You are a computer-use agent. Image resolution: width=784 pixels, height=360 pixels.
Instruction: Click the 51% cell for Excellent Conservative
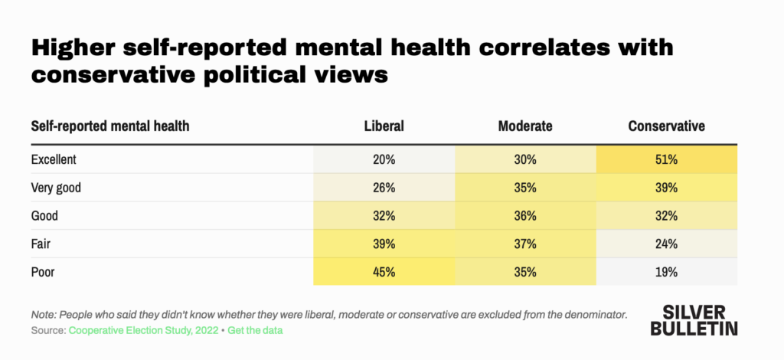[666, 160]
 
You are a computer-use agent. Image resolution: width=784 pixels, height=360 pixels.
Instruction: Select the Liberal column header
[384, 126]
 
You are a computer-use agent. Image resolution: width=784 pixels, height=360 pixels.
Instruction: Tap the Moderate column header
[525, 126]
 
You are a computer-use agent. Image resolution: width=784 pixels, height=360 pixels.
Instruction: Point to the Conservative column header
[666, 126]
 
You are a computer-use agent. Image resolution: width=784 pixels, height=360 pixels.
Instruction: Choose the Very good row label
[56, 188]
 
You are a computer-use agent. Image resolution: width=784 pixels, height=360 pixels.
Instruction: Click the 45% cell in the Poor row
[384, 272]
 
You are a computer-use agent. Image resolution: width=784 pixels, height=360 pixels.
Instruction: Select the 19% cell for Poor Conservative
[666, 272]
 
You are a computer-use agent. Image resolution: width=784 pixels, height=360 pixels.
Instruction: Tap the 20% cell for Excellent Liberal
[384, 160]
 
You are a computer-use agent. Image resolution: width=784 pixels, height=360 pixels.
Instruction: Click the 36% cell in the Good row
[525, 216]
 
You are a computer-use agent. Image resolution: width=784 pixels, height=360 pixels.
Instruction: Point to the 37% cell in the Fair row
[525, 244]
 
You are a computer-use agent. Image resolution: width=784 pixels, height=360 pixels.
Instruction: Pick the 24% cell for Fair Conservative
[666, 244]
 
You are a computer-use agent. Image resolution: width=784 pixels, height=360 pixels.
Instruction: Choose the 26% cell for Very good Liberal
[384, 188]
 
